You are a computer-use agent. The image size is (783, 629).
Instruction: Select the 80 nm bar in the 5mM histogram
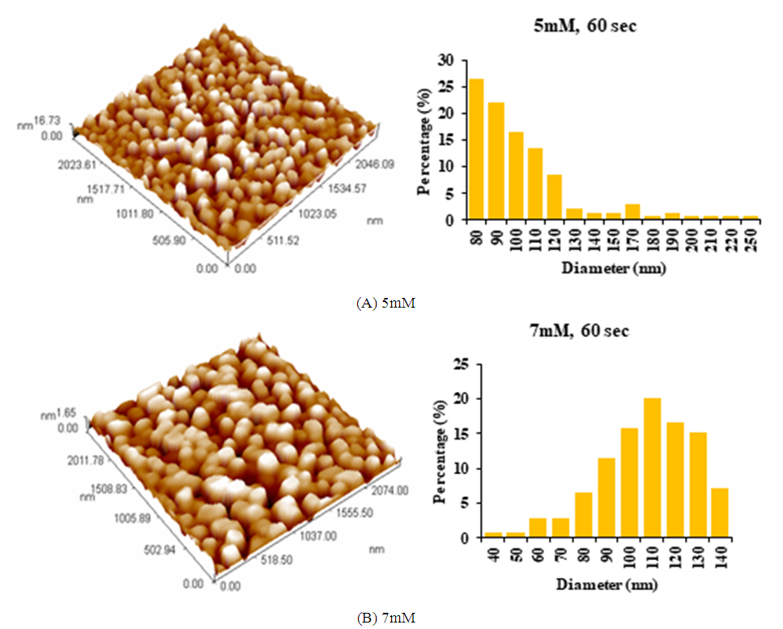click(x=477, y=149)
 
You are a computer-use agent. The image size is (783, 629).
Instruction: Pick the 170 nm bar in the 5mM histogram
click(x=633, y=211)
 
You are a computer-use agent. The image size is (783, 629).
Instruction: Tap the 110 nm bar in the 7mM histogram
click(x=652, y=468)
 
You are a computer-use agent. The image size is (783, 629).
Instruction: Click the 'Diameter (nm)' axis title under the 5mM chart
click(x=613, y=268)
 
